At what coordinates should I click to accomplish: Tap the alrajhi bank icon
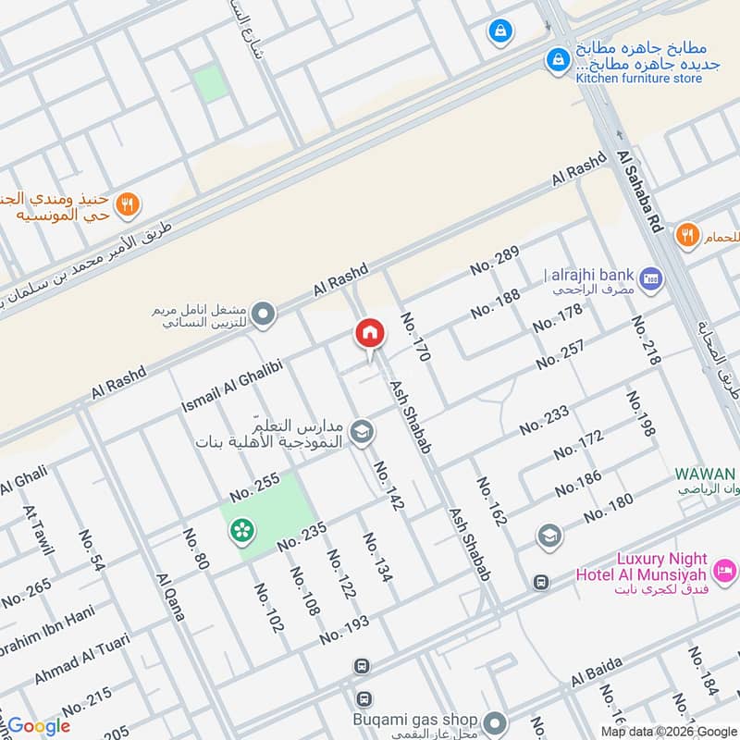pyautogui.click(x=650, y=277)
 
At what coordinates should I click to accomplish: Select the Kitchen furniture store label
pyautogui.click(x=638, y=79)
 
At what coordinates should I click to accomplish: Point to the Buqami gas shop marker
pyautogui.click(x=496, y=721)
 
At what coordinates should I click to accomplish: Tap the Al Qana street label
pyautogui.click(x=172, y=598)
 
